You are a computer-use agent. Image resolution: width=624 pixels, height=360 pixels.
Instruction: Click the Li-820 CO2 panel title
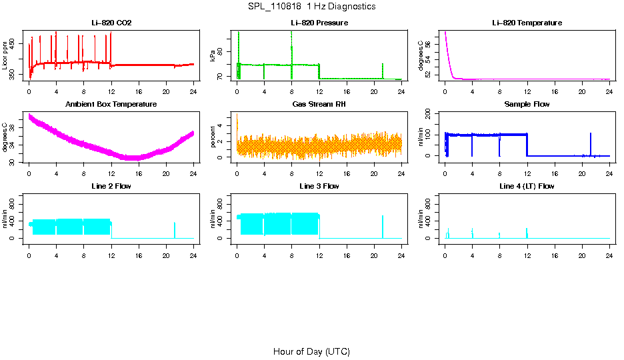pos(111,23)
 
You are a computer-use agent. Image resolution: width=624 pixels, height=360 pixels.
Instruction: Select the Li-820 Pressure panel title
pos(319,23)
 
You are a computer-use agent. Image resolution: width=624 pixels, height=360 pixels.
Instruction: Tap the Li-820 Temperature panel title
pos(527,23)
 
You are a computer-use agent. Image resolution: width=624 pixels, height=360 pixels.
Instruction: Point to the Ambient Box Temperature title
pos(111,105)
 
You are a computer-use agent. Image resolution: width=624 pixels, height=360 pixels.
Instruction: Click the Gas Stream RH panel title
pos(319,105)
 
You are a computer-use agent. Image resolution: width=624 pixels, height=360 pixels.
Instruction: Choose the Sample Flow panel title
pos(527,105)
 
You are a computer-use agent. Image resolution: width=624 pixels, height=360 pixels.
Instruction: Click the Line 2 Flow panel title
pos(111,186)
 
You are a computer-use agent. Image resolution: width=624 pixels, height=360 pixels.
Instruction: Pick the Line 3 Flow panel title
pos(319,186)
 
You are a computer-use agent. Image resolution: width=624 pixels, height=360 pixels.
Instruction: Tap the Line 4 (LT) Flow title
pos(527,186)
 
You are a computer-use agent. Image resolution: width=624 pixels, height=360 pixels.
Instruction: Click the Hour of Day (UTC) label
pos(311,351)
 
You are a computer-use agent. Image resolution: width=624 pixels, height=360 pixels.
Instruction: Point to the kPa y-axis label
pos(213,56)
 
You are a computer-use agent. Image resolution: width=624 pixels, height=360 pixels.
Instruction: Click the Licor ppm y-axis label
pos(5,56)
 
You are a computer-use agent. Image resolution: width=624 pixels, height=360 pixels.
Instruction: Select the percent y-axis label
pos(213,137)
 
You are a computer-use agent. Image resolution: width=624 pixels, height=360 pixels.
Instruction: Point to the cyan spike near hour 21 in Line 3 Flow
pos(383,225)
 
